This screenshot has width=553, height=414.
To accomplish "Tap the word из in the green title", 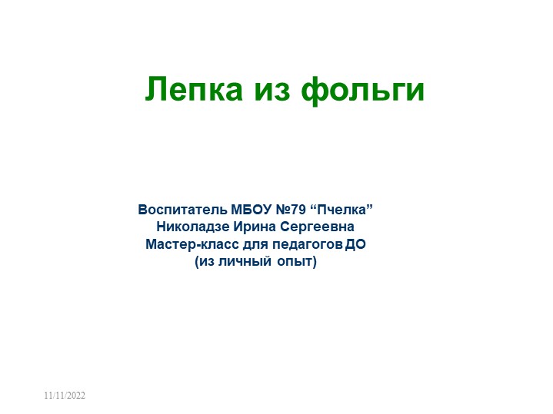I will tap(271, 90).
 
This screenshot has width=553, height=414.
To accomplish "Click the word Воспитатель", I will tap(183, 209).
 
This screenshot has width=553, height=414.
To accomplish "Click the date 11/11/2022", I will tap(65, 395).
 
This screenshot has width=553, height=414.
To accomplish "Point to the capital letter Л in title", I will tap(154, 90).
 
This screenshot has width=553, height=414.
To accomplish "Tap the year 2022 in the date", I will tap(75, 395).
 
